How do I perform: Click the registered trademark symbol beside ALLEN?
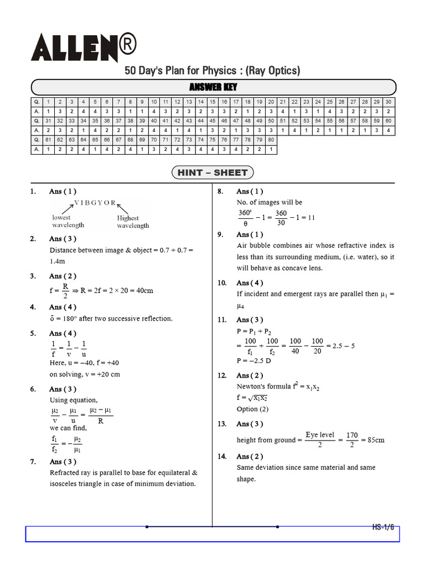127,42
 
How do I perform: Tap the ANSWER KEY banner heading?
213,87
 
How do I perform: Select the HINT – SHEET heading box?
213,172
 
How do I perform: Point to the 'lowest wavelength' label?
68,222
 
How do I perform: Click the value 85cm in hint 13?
372,440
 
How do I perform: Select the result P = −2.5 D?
253,360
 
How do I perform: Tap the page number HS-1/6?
383,527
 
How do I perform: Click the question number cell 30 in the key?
388,102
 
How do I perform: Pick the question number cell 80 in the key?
271,140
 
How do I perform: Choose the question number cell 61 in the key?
48,140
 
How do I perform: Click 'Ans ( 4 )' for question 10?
250,283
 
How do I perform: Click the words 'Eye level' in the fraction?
320,435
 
